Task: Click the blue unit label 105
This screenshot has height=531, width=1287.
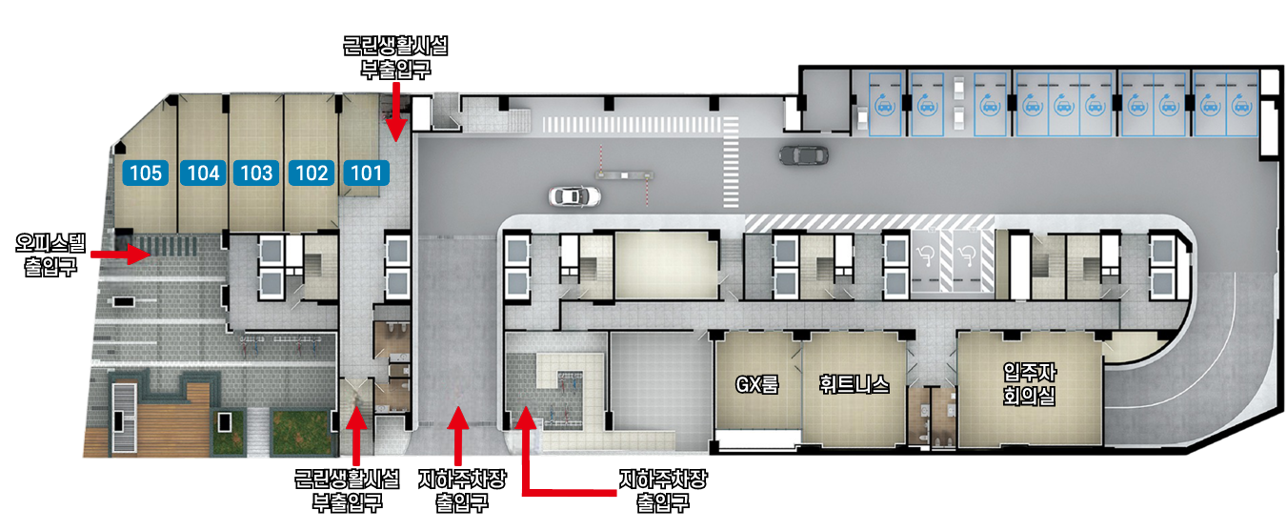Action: (x=146, y=173)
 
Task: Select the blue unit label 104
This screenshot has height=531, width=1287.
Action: (x=203, y=173)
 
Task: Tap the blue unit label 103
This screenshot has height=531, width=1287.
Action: (x=256, y=173)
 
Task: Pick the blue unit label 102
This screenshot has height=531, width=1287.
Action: (x=312, y=173)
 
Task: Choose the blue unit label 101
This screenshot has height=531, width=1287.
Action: (x=367, y=173)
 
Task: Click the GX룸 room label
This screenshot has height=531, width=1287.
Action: (x=757, y=384)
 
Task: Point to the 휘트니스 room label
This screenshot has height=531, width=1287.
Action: (x=855, y=384)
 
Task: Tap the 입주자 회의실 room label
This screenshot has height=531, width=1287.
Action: (x=1030, y=384)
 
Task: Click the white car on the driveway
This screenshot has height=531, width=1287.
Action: (x=574, y=196)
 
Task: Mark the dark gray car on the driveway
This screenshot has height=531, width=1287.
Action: (x=804, y=155)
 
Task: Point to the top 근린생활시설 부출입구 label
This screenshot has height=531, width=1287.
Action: (x=395, y=57)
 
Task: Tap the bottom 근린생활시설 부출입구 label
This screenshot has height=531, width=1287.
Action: (x=347, y=491)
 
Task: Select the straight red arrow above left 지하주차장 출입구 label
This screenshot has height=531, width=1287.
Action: (x=458, y=436)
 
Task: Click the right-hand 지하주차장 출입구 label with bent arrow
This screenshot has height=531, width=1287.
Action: (x=662, y=491)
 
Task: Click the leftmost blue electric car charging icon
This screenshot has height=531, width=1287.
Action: (x=885, y=107)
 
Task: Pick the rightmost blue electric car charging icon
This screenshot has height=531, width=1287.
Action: (x=1241, y=107)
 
